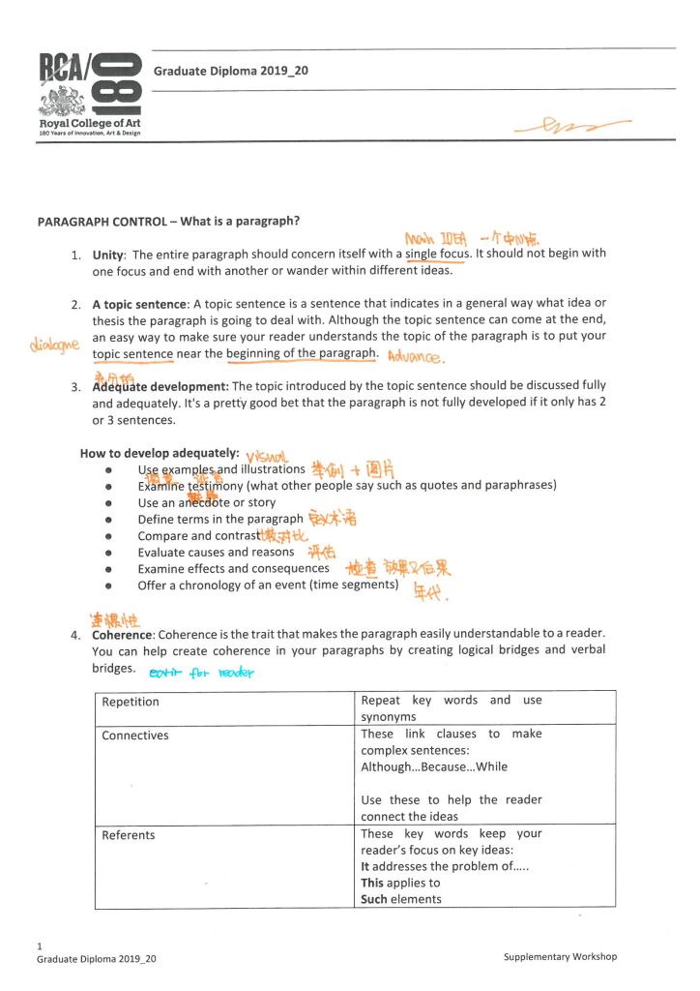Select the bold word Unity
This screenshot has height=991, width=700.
click(109, 254)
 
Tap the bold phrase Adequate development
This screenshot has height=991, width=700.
click(160, 386)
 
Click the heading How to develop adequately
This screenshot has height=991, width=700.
click(152, 453)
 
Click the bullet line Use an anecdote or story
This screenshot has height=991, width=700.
click(206, 502)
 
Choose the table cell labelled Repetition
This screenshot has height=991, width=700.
click(131, 702)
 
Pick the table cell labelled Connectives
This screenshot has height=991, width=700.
click(135, 736)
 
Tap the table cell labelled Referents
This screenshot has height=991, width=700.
click(129, 835)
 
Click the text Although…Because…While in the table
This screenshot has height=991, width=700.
click(434, 767)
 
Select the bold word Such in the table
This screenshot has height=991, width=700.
click(372, 899)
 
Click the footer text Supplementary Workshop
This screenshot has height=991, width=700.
click(560, 957)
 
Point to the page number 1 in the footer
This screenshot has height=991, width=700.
click(40, 946)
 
